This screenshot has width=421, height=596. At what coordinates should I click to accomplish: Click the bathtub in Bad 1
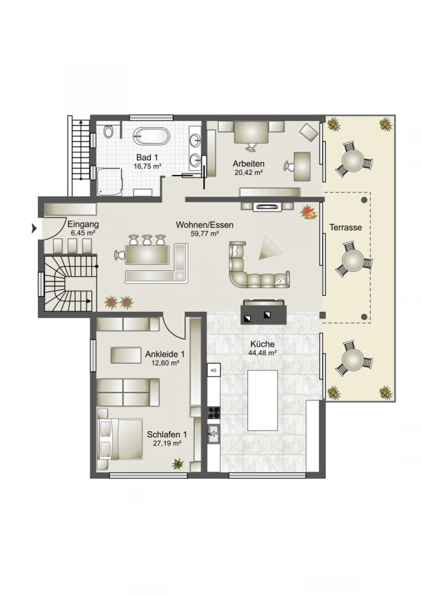(151, 136)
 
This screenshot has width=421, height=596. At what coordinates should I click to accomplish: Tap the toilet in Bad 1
(109, 132)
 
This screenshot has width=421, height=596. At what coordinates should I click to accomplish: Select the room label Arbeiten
(248, 164)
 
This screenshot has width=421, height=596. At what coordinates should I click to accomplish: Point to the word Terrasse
(346, 228)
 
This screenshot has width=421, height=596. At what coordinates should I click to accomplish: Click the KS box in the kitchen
(214, 370)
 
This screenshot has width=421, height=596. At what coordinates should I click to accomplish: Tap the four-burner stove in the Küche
(214, 413)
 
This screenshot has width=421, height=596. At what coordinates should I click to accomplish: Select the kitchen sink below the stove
(214, 434)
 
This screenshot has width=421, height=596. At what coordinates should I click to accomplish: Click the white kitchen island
(263, 400)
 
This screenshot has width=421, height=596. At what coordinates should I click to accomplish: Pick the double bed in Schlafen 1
(120, 439)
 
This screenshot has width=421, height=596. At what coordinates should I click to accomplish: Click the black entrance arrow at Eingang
(34, 228)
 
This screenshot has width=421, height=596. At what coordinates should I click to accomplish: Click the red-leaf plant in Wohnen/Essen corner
(308, 213)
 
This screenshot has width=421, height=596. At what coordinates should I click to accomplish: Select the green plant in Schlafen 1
(177, 464)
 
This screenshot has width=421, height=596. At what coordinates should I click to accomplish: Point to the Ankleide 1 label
(165, 354)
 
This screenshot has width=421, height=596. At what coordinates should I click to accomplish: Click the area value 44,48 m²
(263, 352)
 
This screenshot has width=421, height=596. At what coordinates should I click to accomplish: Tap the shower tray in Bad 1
(109, 182)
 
